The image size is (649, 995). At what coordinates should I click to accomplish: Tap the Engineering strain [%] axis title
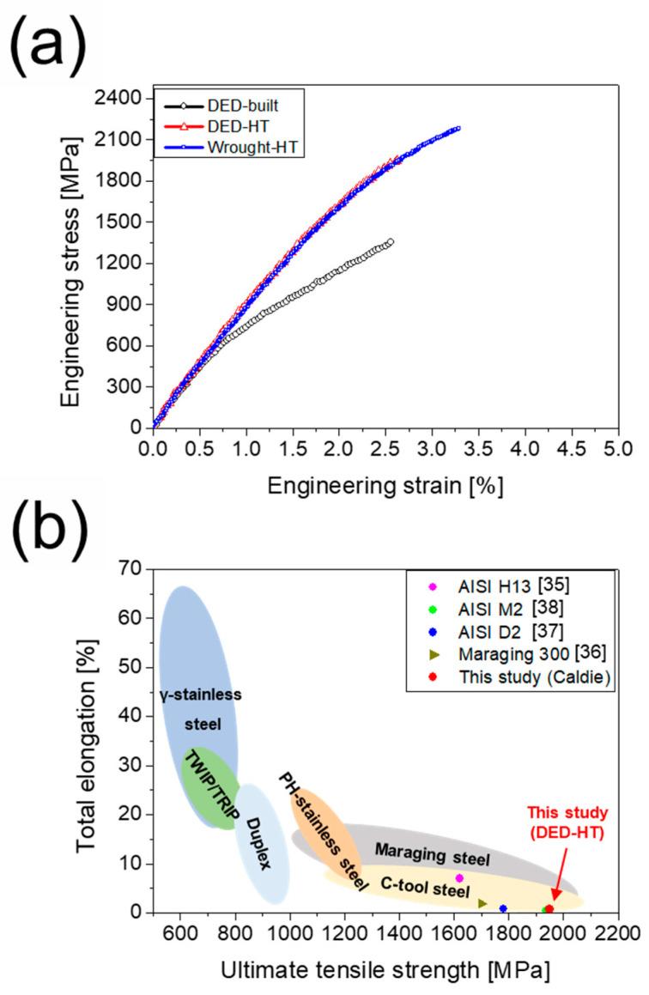pyautogui.click(x=384, y=485)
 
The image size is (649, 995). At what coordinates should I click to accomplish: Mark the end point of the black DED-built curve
pyautogui.click(x=391, y=242)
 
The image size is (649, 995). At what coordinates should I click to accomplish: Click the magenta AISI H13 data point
pyautogui.click(x=459, y=877)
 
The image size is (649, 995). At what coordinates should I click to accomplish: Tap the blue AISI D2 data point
pyautogui.click(x=503, y=908)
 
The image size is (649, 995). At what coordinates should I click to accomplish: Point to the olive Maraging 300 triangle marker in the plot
pyautogui.click(x=482, y=903)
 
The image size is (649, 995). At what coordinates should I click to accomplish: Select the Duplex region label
pyautogui.click(x=259, y=844)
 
